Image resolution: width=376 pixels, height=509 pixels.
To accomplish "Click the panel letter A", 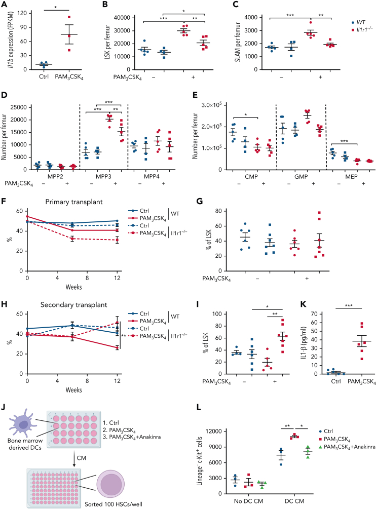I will (5, 5).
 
